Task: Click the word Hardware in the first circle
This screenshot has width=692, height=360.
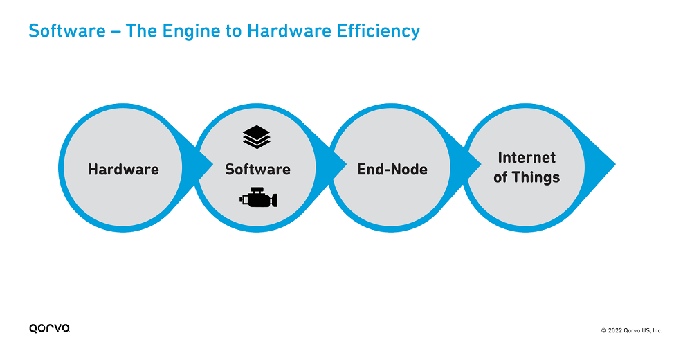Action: click(x=123, y=169)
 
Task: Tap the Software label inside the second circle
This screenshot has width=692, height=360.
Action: click(x=257, y=169)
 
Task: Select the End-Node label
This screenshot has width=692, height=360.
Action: click(x=392, y=169)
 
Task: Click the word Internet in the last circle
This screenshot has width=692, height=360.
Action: click(x=527, y=157)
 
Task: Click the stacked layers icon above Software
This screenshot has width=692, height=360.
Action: click(x=257, y=137)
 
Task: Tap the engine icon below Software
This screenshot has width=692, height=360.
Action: click(x=259, y=197)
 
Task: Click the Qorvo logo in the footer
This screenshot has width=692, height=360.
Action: click(x=49, y=328)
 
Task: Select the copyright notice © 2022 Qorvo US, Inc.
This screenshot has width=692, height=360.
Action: click(x=632, y=330)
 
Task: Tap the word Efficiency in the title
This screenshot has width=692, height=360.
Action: click(x=379, y=31)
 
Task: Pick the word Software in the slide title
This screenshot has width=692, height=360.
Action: click(x=67, y=31)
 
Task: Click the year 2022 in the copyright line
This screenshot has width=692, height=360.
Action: click(x=614, y=330)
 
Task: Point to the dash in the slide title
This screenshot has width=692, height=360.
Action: click(x=116, y=32)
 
